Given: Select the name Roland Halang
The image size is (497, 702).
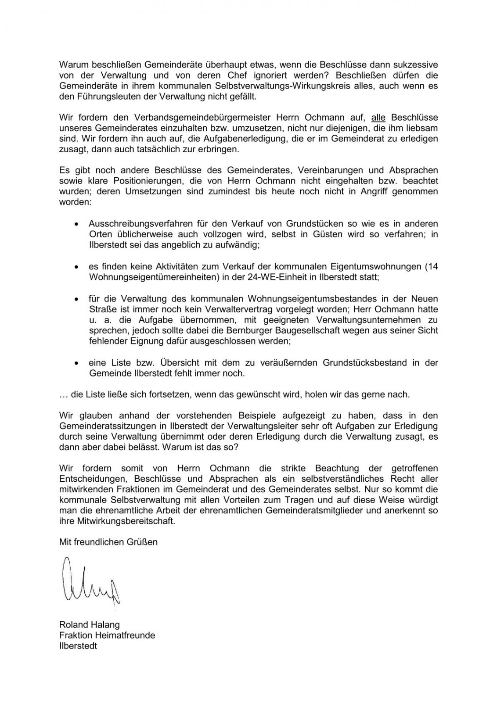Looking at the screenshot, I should (x=89, y=624).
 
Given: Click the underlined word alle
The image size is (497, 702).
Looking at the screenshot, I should (x=378, y=118).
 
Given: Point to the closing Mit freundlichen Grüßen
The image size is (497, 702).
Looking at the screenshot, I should (x=108, y=542).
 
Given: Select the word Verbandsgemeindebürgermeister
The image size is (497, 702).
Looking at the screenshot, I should (x=191, y=118).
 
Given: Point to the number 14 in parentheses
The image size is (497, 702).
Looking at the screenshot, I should (x=433, y=266).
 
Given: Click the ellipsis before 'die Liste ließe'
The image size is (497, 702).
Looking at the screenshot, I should (x=64, y=394).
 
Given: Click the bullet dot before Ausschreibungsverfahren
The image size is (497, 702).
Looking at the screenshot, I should (x=77, y=224).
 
